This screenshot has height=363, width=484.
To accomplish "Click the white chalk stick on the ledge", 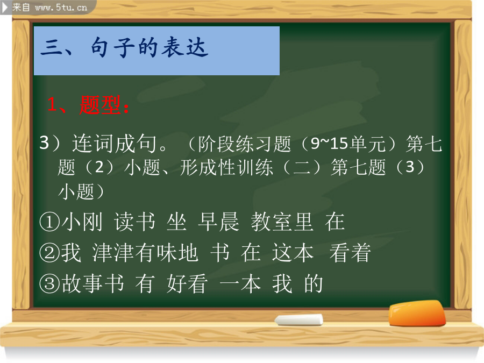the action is [299, 320].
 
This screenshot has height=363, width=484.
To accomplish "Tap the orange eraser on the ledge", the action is [417, 314].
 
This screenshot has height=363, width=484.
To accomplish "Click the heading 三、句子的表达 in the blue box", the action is [124, 47].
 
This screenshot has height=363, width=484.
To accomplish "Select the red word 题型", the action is [99, 105].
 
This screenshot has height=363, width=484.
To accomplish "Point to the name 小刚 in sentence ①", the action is [82, 222].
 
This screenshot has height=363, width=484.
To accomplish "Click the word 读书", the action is [134, 222].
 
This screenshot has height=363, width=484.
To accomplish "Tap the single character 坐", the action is [176, 222].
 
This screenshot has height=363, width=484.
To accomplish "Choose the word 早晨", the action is [218, 222].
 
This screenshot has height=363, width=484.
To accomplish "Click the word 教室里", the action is [282, 222].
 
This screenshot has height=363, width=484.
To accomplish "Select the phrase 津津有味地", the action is [145, 253].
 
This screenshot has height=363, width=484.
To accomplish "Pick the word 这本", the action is [293, 253].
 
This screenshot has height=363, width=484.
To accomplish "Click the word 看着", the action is [350, 253].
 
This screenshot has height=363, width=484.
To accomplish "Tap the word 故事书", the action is [93, 283].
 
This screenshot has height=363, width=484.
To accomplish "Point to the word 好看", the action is [187, 283].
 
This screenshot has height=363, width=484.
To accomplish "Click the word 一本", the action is [240, 283].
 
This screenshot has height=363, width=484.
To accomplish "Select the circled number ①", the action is [49, 222].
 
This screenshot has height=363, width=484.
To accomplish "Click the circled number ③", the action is [49, 283].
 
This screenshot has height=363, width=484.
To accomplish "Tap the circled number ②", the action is [49, 253].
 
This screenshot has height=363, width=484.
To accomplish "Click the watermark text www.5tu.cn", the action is [61, 8].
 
